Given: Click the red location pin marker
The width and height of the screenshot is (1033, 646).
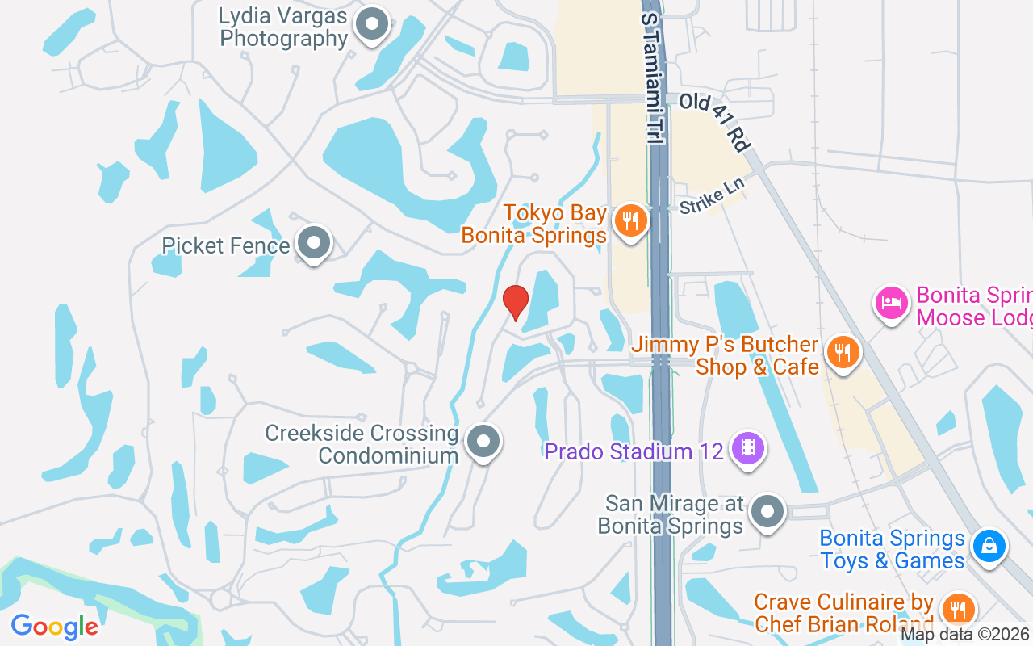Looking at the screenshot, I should click(516, 302).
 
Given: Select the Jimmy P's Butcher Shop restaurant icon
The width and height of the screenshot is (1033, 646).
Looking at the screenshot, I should click(842, 352).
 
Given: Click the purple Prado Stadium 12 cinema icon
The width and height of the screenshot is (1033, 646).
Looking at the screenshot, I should click(747, 448).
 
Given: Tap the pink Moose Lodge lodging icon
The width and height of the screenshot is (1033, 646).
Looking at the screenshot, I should click(891, 304).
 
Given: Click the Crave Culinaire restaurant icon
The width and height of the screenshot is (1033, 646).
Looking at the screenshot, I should click(957, 610).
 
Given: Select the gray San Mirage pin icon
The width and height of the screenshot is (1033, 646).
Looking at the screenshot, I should click(767, 511).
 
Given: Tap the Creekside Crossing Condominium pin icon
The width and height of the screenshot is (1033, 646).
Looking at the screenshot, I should click(483, 441).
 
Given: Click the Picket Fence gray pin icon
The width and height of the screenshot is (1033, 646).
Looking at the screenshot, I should click(313, 242).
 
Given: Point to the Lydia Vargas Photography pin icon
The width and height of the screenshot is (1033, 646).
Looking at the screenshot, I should click(372, 23).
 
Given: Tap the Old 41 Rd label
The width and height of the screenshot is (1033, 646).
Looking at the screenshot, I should click(715, 122).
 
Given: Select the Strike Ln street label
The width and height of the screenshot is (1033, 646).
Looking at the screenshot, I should click(711, 196).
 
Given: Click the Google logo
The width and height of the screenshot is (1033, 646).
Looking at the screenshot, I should click(55, 626).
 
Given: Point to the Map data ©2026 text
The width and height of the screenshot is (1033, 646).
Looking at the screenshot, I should click(964, 635).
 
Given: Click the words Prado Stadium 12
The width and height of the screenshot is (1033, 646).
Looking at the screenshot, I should click(634, 451).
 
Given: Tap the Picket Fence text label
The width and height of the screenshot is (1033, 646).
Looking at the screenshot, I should click(226, 245).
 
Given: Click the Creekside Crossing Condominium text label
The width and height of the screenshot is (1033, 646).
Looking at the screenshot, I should click(362, 445).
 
